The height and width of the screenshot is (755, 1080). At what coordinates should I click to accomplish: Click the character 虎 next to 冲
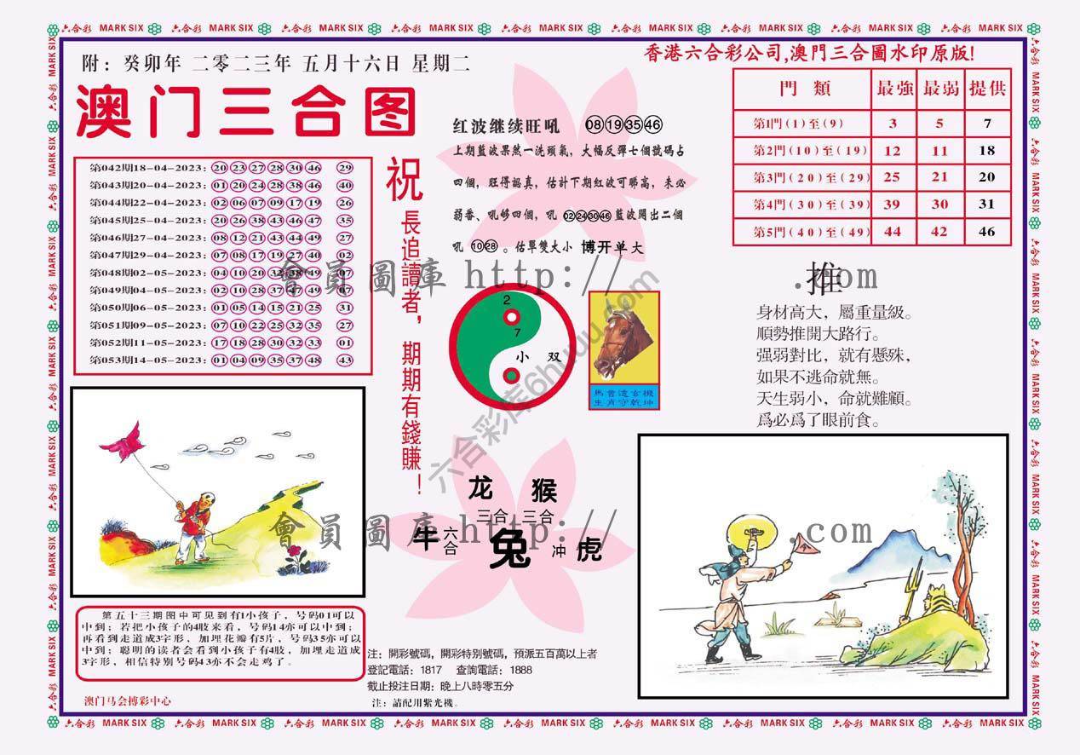tap(588, 550)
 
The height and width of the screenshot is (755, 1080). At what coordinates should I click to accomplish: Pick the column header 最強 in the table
tap(893, 88)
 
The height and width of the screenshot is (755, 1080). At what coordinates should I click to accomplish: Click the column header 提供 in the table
tap(987, 88)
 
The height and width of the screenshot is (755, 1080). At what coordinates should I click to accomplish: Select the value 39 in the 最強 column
tap(893, 204)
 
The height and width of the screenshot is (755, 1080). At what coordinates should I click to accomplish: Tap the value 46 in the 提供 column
tap(987, 231)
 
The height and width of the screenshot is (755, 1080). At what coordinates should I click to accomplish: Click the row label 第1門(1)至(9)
tap(799, 124)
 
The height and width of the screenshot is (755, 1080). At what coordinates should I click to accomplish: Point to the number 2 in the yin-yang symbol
tap(507, 301)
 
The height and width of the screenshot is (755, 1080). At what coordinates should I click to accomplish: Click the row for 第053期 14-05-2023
tap(221, 360)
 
